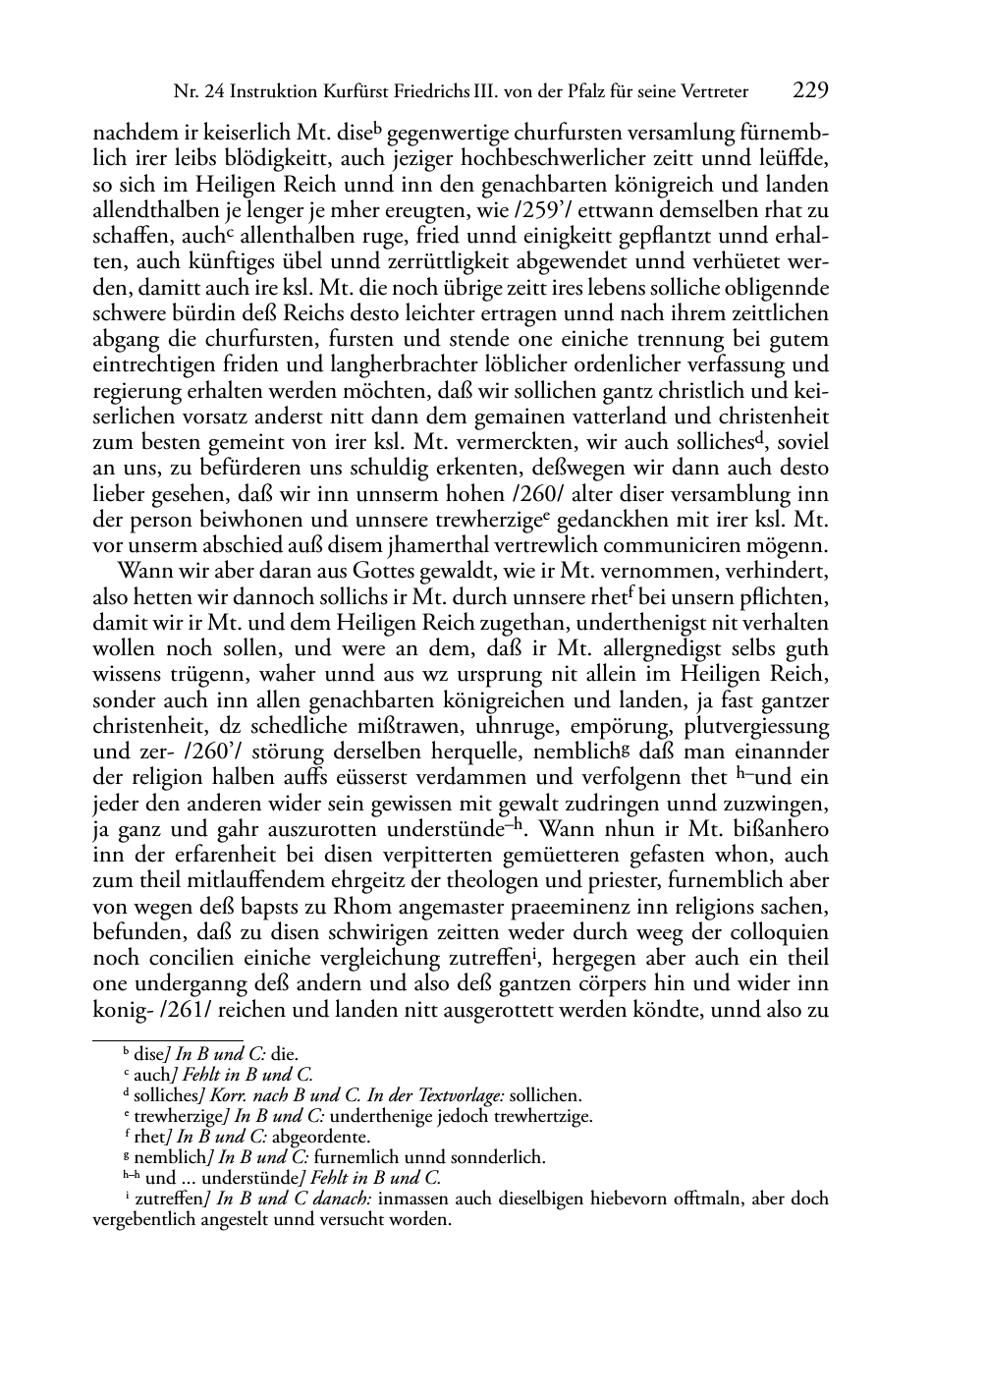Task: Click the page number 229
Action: coord(809,91)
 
